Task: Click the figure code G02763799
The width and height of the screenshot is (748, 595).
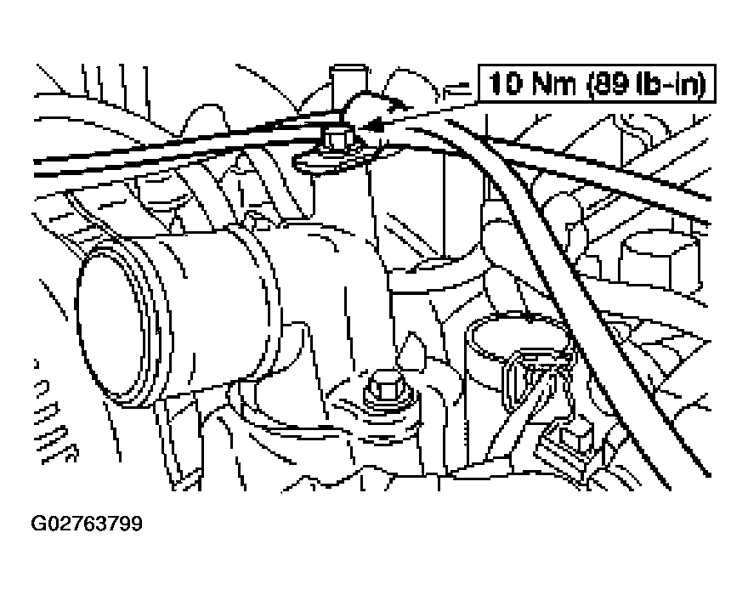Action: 87,522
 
